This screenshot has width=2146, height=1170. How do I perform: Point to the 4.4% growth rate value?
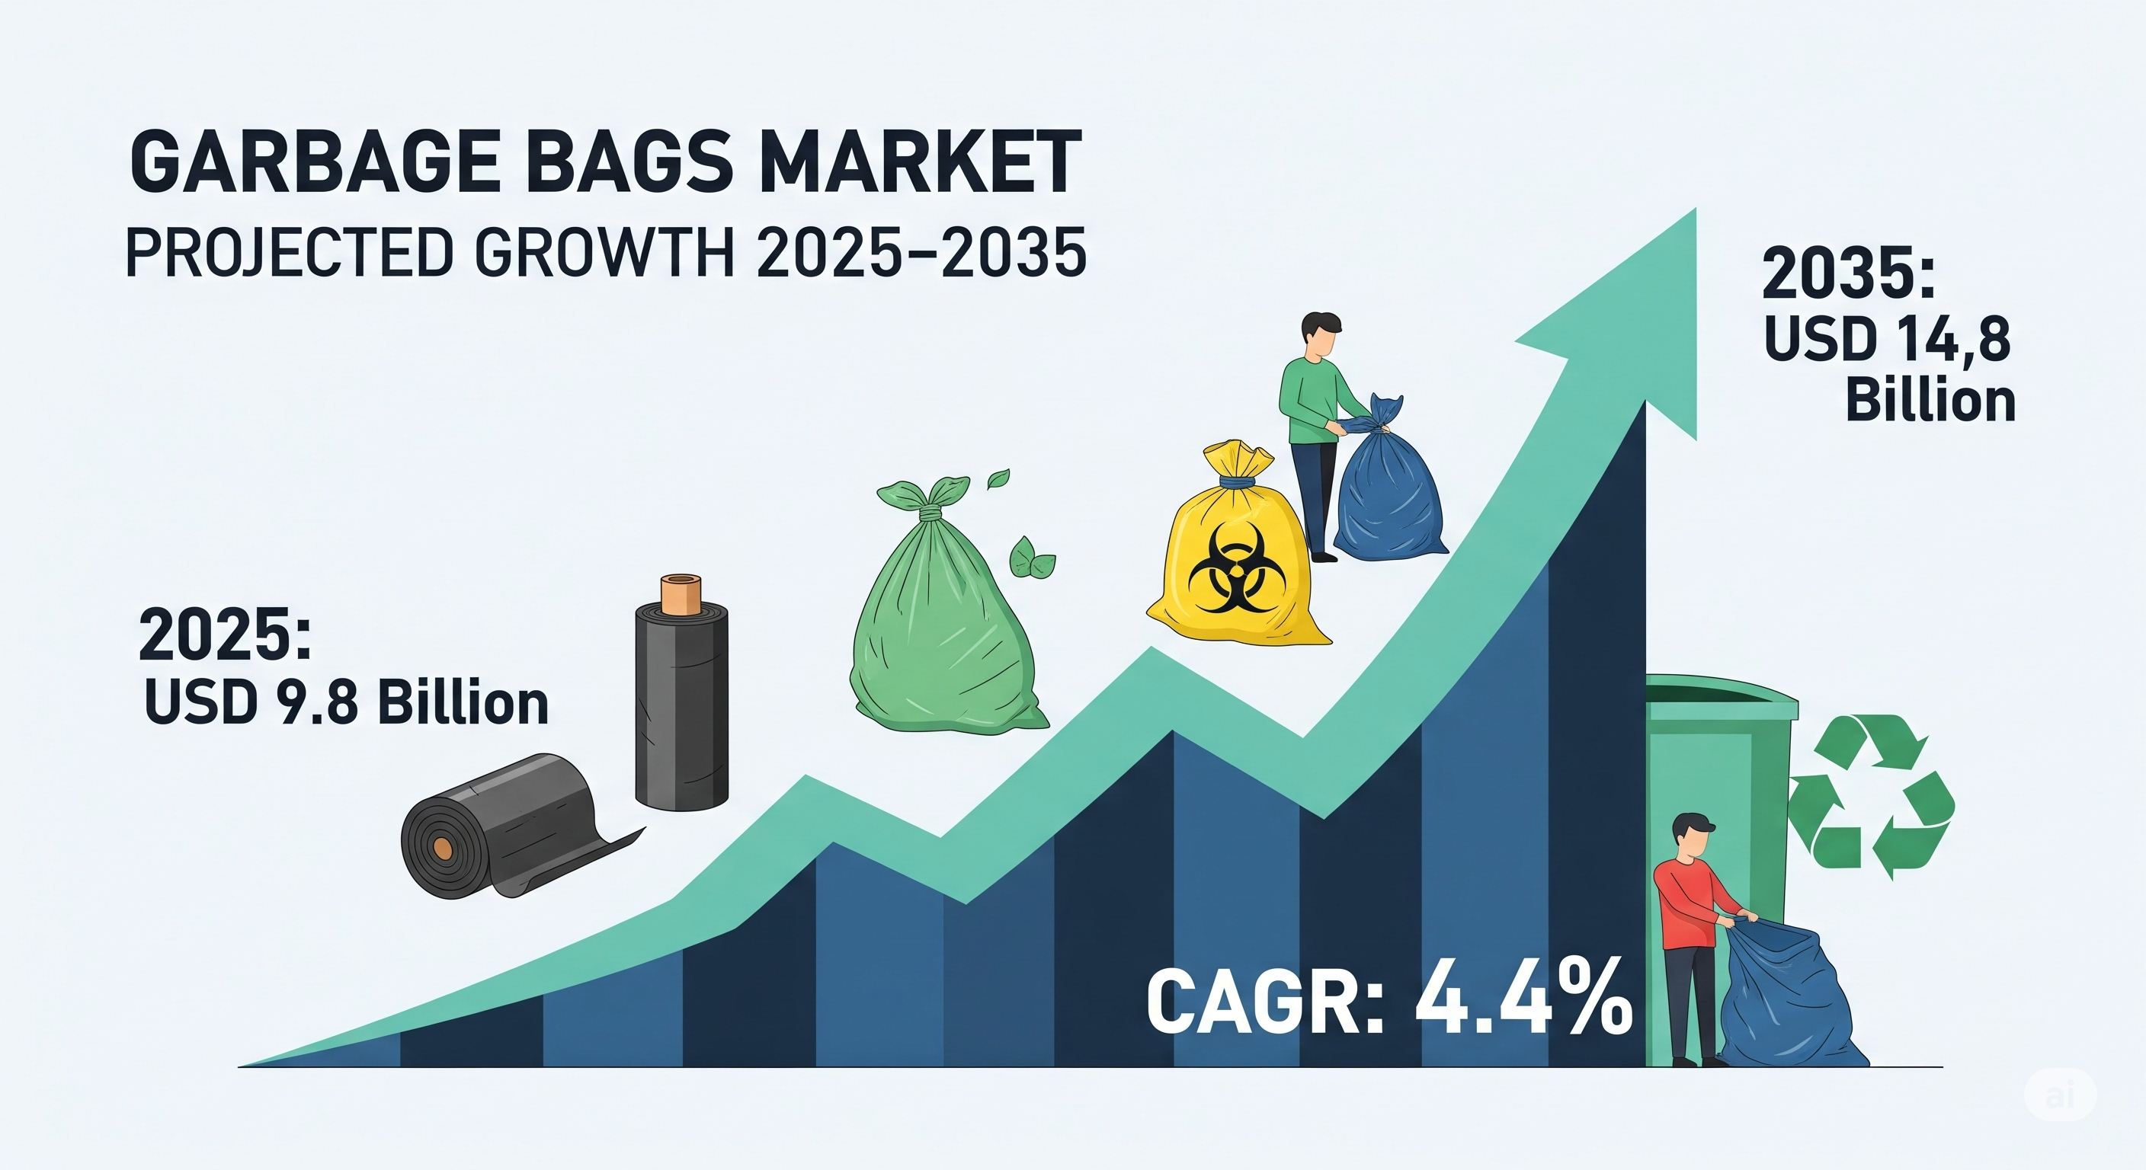click(x=1523, y=1007)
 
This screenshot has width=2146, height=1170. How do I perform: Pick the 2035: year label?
click(x=1847, y=275)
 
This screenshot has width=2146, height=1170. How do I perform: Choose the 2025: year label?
click(x=224, y=635)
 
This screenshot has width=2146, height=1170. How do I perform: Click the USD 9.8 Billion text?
click(x=347, y=704)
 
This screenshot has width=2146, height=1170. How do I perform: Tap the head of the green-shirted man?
click(x=1321, y=336)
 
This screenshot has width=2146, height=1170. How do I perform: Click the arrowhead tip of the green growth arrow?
click(x=1696, y=209)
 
